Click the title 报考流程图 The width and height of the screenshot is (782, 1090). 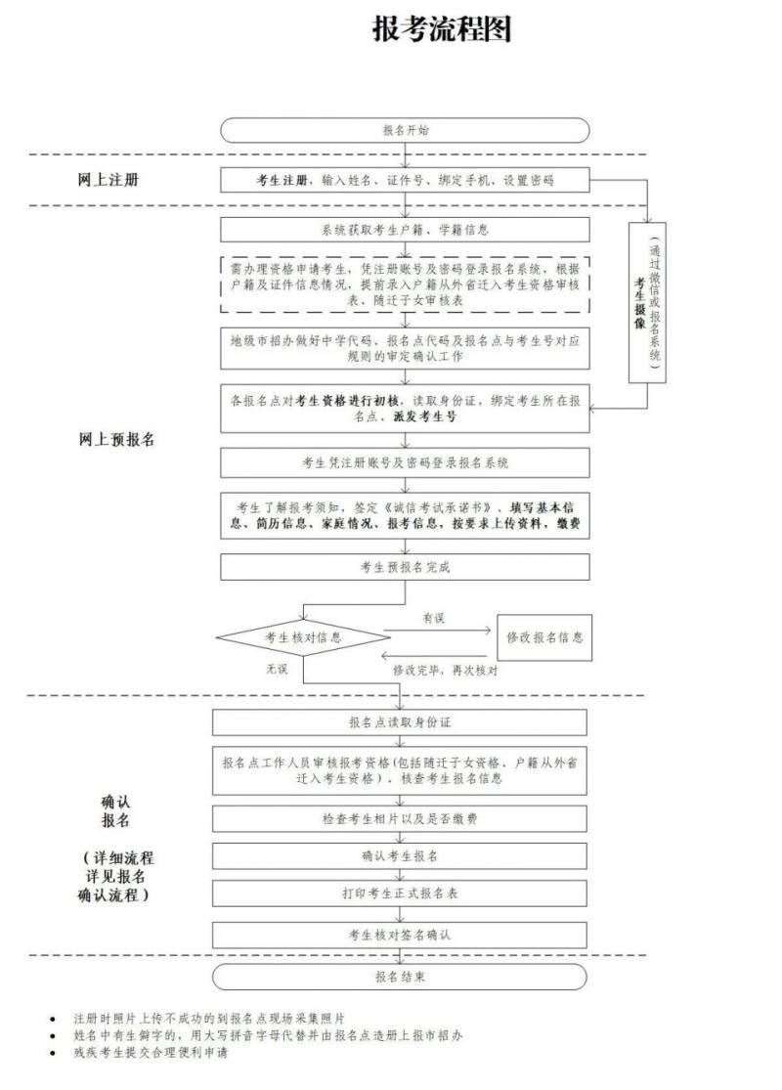click(x=442, y=29)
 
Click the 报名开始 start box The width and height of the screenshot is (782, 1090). click(x=405, y=130)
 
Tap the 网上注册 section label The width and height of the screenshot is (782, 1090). click(x=109, y=181)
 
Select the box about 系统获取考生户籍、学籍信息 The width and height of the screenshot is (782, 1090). click(x=405, y=230)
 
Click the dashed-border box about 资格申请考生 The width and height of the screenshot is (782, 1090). click(x=405, y=283)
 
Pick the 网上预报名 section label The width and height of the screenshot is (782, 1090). click(x=115, y=439)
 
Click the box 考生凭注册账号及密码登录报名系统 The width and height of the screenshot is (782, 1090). click(x=405, y=462)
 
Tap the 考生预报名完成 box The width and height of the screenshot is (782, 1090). click(x=405, y=567)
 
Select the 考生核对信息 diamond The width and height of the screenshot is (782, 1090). click(x=302, y=637)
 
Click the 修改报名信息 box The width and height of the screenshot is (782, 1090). click(x=544, y=637)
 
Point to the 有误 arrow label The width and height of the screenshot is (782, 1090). click(x=434, y=619)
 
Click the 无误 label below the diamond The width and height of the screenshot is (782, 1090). click(x=277, y=670)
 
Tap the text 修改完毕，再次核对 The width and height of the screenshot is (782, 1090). click(x=445, y=671)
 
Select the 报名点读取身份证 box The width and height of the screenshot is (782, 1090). click(x=399, y=722)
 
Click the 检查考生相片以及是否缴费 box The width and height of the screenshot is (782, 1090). click(x=399, y=818)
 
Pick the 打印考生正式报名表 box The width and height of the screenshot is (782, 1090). click(x=399, y=893)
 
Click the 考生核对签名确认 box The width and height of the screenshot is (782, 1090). click(x=399, y=935)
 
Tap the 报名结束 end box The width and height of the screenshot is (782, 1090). click(x=399, y=977)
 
